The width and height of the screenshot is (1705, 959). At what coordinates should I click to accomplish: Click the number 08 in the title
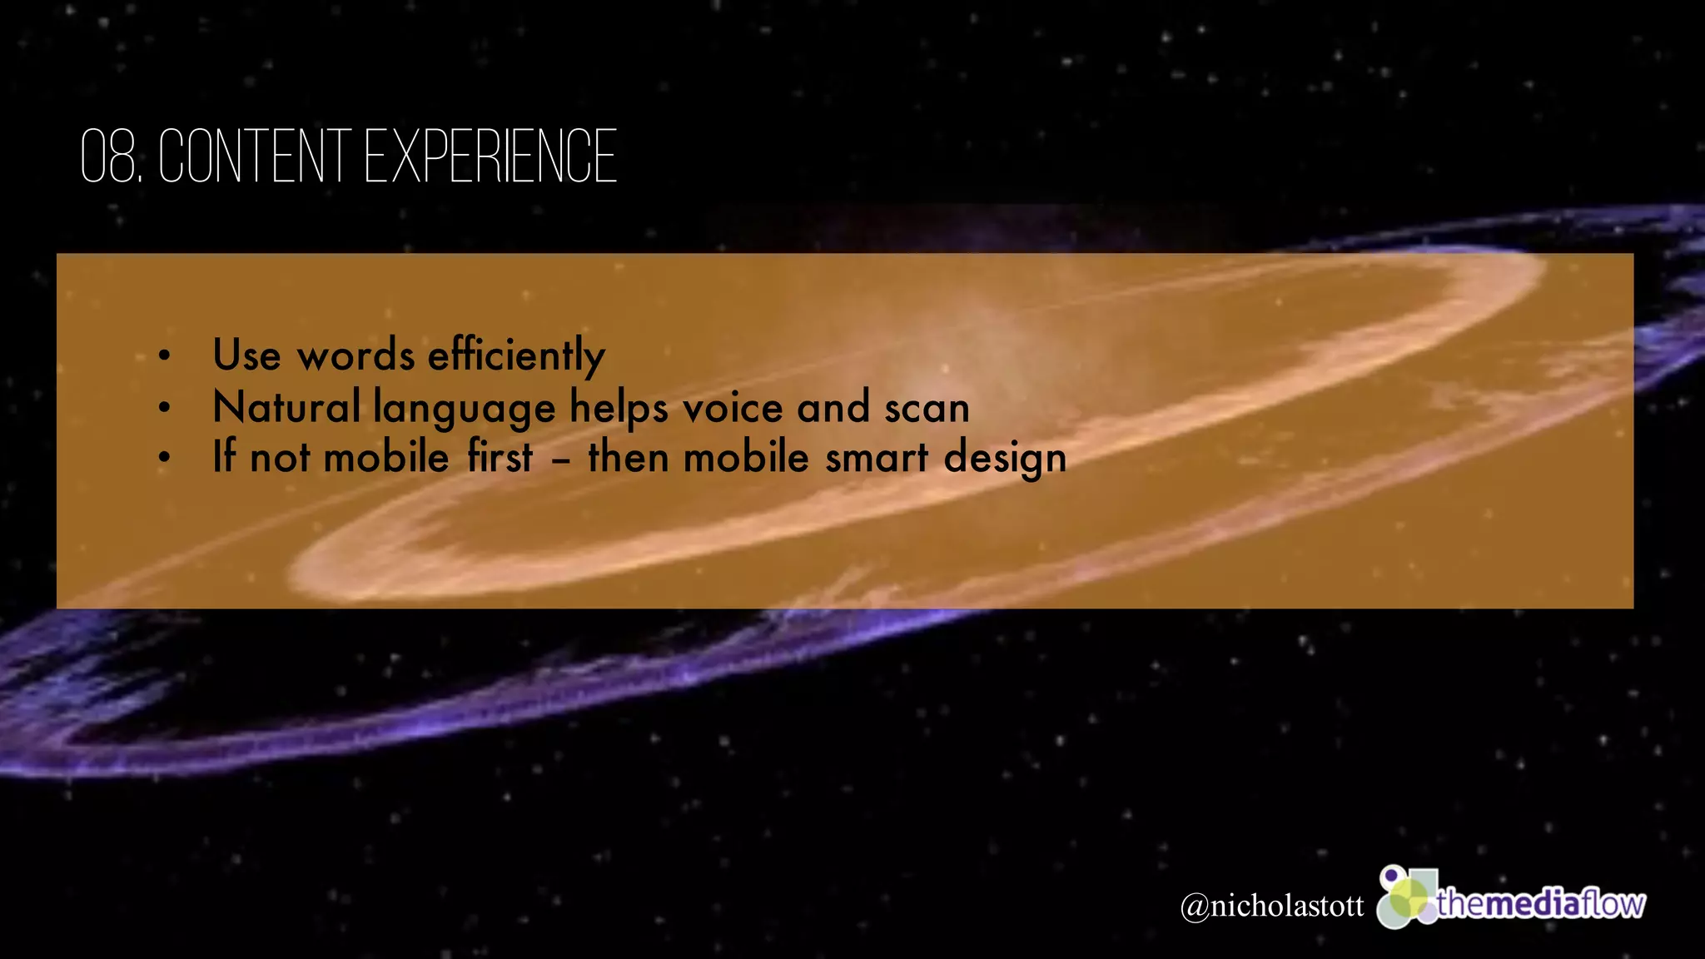pos(109,157)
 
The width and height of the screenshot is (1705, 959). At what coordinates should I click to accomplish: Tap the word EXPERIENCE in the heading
pos(491,157)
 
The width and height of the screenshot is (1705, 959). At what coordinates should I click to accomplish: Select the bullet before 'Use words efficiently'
pos(165,356)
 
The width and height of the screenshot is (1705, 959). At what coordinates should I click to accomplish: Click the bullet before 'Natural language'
pos(165,408)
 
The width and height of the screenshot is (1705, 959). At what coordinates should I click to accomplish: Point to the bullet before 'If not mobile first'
pos(165,458)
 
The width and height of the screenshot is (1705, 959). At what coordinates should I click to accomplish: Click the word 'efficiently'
pos(516,356)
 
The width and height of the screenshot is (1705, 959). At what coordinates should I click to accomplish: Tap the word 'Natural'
pos(286,407)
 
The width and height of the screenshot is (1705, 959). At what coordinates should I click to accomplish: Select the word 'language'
pos(464,410)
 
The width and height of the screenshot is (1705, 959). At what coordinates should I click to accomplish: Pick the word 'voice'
pos(733,408)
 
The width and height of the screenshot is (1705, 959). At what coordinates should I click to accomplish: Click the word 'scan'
pos(927,409)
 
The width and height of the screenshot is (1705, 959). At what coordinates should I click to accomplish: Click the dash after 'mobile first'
pos(560,460)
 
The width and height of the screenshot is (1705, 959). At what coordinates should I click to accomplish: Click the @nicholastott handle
pos(1272,906)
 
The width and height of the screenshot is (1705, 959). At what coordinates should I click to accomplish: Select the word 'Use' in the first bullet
pos(246,355)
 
